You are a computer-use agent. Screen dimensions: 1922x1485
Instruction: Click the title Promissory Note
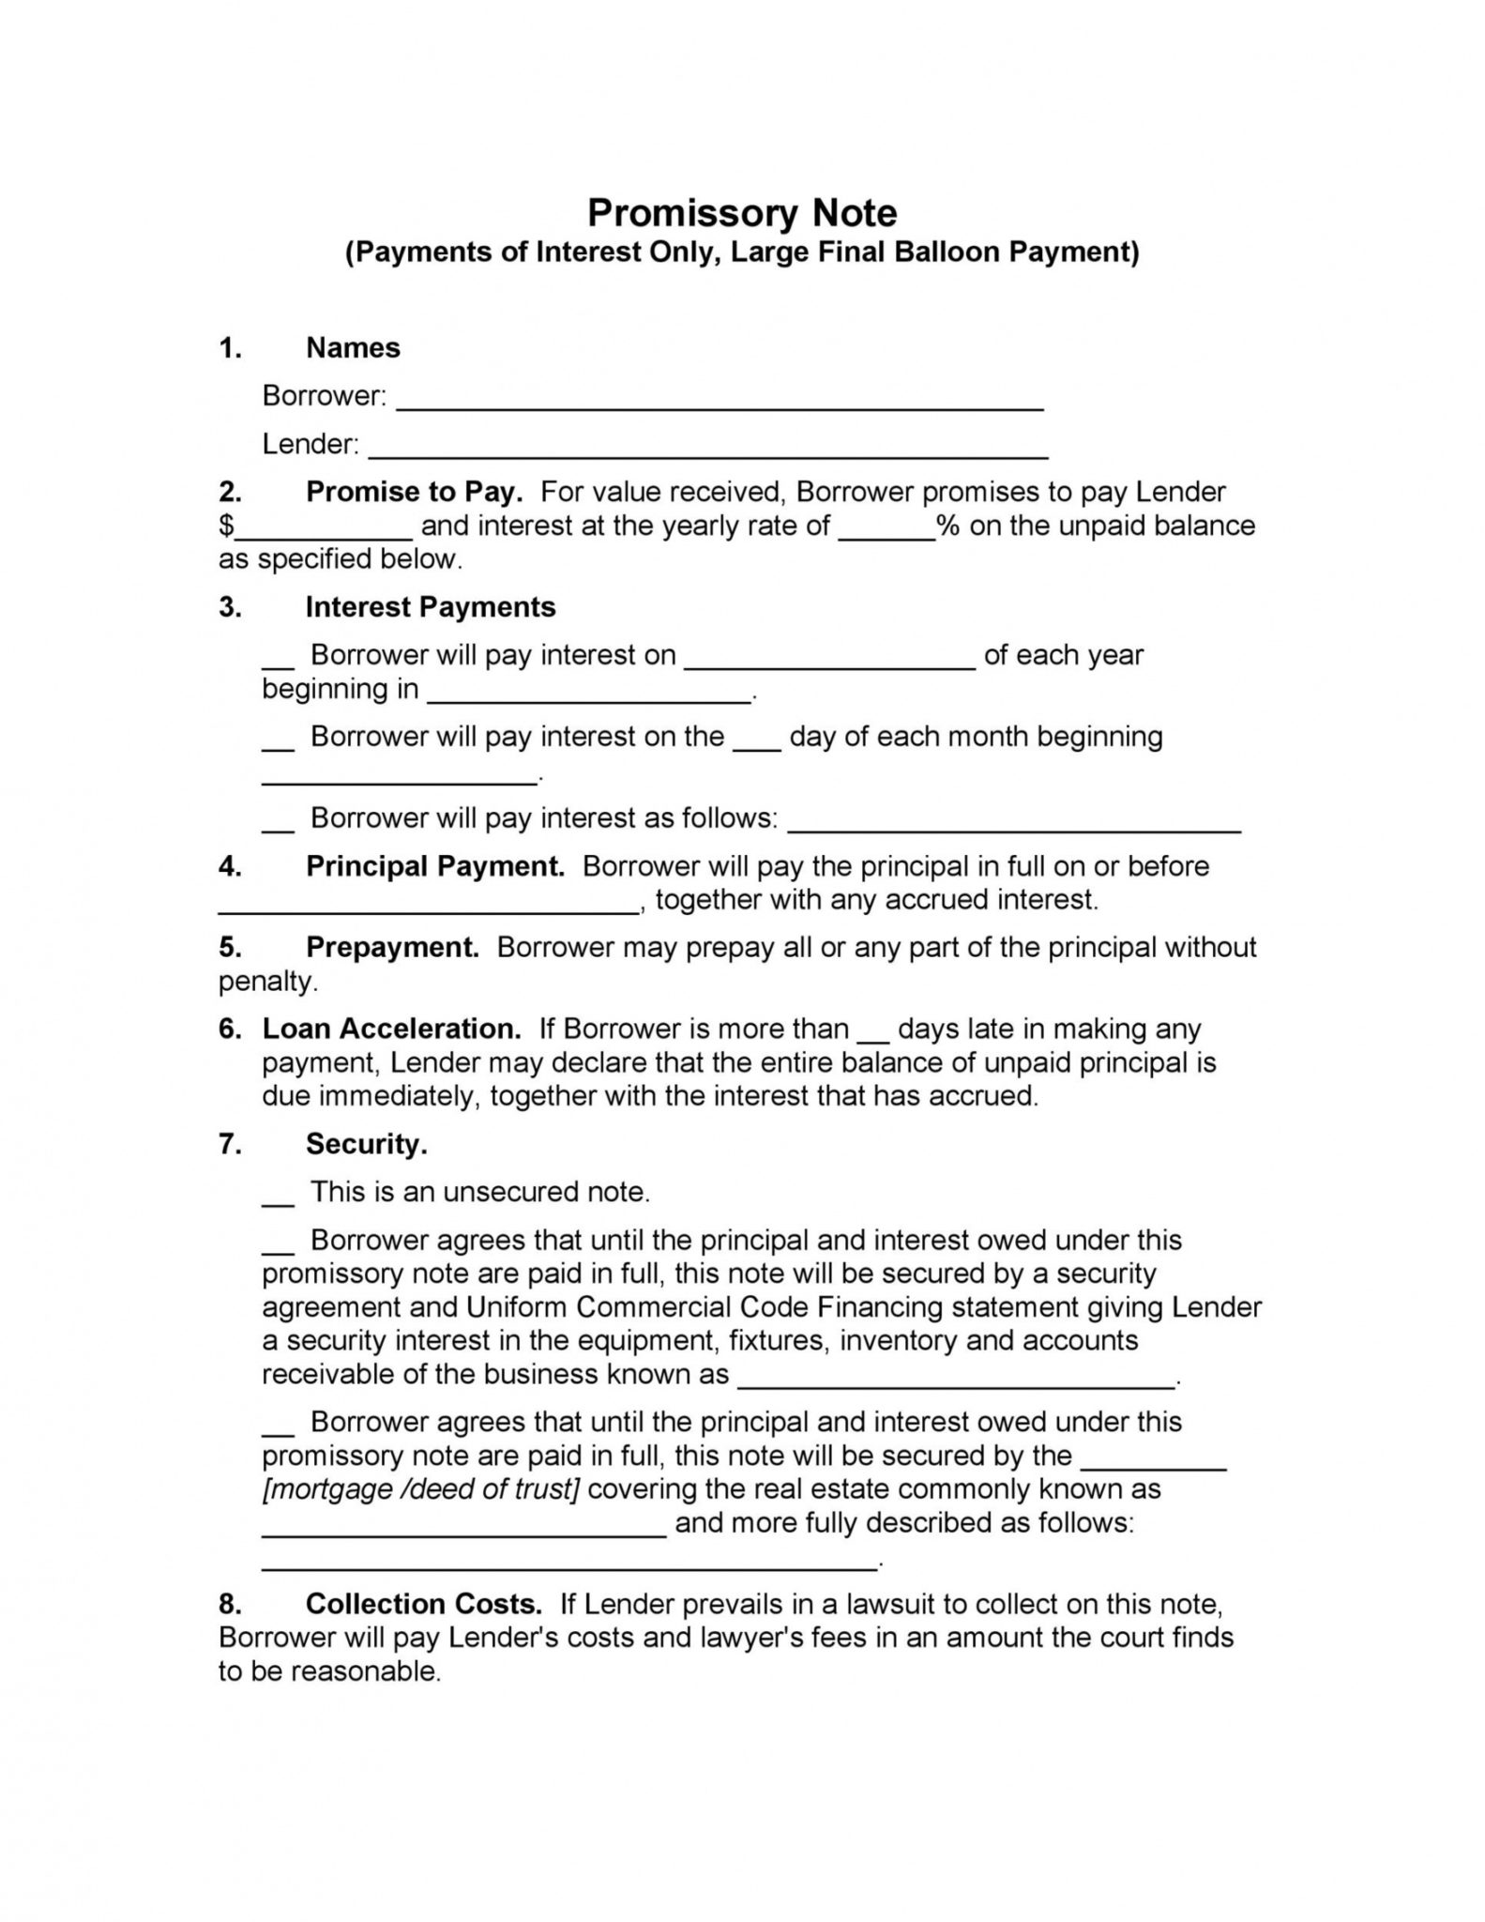[741, 213]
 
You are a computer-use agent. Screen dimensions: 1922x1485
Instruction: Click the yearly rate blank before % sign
[886, 533]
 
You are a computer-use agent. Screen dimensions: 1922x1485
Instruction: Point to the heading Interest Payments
[431, 607]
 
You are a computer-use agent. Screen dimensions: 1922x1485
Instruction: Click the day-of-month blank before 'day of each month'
[756, 742]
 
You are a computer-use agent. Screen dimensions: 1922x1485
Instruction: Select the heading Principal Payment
[435, 865]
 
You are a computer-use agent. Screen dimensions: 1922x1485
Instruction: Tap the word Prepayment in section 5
[392, 947]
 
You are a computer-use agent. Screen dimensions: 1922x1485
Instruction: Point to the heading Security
[367, 1144]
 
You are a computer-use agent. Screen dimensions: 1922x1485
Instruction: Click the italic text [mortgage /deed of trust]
[420, 1488]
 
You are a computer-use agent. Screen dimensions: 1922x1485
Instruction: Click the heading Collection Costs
[424, 1604]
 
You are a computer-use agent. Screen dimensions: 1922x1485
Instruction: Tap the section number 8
[230, 1604]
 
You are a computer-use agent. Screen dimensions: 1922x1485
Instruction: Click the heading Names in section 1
[353, 348]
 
